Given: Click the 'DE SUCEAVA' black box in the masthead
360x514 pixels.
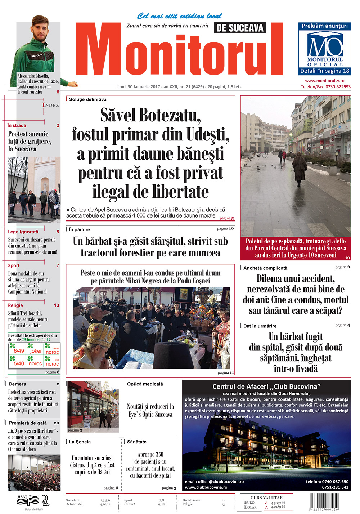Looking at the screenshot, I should pyautogui.click(x=240, y=28).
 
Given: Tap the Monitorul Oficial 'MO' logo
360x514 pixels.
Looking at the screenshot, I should pyautogui.click(x=325, y=46).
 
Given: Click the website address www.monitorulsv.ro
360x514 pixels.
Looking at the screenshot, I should pyautogui.click(x=324, y=81).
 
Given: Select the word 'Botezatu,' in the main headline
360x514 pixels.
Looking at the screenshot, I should pyautogui.click(x=170, y=116).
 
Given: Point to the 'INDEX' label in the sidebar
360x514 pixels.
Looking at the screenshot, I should pyautogui.click(x=51, y=105).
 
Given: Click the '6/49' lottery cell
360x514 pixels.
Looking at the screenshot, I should pyautogui.click(x=19, y=350).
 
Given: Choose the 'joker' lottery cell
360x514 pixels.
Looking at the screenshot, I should pyautogui.click(x=36, y=350).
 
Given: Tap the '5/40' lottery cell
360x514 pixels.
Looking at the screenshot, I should pyautogui.click(x=19, y=363).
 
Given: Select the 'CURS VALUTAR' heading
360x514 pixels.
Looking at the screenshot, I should pyautogui.click(x=266, y=497).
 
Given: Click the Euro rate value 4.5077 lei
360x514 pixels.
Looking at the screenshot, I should pyautogui.click(x=278, y=503).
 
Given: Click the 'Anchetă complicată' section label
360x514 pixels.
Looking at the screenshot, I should pyautogui.click(x=265, y=268).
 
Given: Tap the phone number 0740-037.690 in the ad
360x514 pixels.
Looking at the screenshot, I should pyautogui.click(x=327, y=482).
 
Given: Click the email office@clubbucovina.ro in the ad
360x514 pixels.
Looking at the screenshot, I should pyautogui.click(x=214, y=482).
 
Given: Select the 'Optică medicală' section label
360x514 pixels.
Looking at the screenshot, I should pyautogui.click(x=145, y=384).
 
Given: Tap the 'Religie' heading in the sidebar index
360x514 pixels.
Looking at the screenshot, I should pyautogui.click(x=15, y=305).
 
